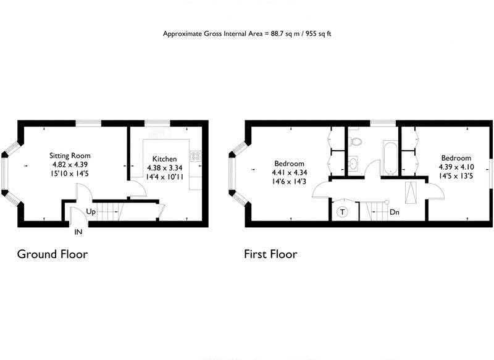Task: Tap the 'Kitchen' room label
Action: pos(165,159)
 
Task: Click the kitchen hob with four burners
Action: pos(196,156)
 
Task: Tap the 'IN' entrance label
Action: pos(78,232)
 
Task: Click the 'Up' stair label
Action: pos(91,212)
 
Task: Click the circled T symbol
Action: pos(341,212)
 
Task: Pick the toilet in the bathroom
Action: pos(354,141)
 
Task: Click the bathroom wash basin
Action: pos(352,164)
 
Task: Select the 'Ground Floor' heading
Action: pos(52,254)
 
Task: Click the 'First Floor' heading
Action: pos(270,254)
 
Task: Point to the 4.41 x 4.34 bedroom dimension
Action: pos(290,173)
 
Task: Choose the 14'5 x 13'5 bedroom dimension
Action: pos(455,176)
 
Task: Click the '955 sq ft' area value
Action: pos(319,33)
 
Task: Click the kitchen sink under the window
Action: pos(159,133)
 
